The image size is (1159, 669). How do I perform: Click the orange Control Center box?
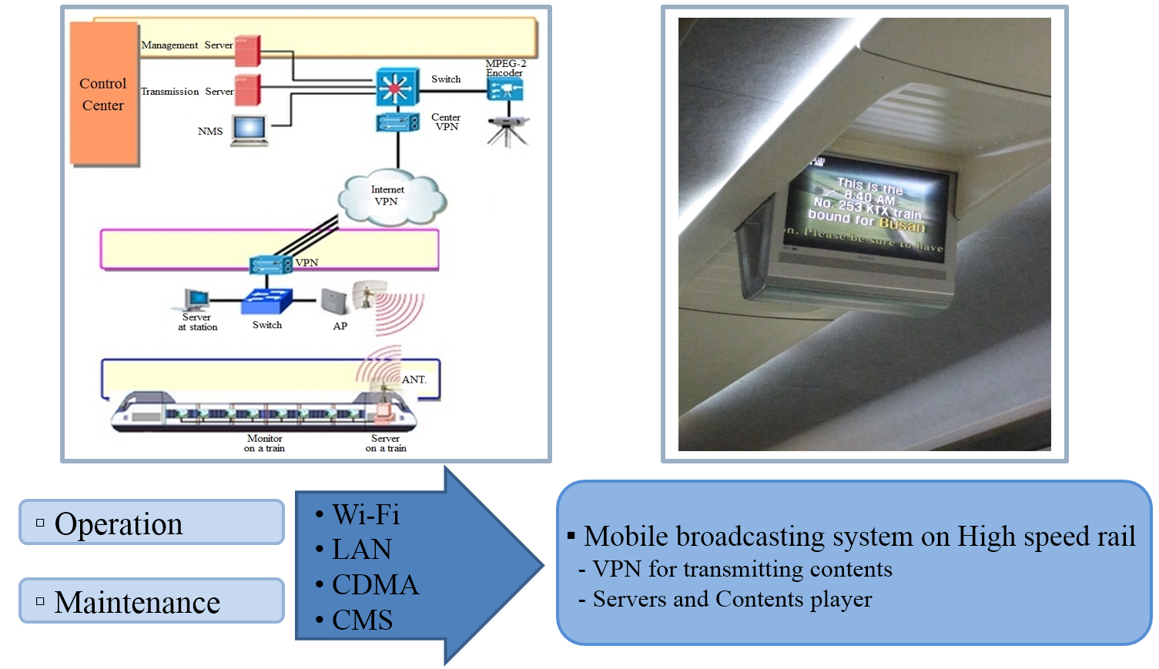click(x=104, y=94)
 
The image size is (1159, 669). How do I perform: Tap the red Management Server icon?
click(x=247, y=51)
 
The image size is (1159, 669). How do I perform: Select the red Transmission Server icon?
click(x=247, y=91)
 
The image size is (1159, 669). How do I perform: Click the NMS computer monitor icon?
click(x=250, y=129)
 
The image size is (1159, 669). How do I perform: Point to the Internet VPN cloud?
click(x=391, y=197)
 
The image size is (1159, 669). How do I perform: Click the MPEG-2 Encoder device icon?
click(x=505, y=90)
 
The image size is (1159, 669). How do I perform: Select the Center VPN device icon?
click(x=397, y=122)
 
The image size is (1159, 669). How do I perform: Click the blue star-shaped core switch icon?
click(x=397, y=87)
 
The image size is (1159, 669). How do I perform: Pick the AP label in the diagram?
click(x=340, y=326)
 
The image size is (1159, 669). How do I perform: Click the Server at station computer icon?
click(x=196, y=299)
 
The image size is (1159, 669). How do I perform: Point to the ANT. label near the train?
click(x=414, y=380)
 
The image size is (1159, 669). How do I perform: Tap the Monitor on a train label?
click(x=264, y=443)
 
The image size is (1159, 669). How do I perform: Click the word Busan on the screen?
click(x=902, y=224)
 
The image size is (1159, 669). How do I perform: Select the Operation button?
click(x=152, y=523)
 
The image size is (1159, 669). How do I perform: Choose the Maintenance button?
click(x=152, y=601)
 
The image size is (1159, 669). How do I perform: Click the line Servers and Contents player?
click(x=732, y=599)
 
